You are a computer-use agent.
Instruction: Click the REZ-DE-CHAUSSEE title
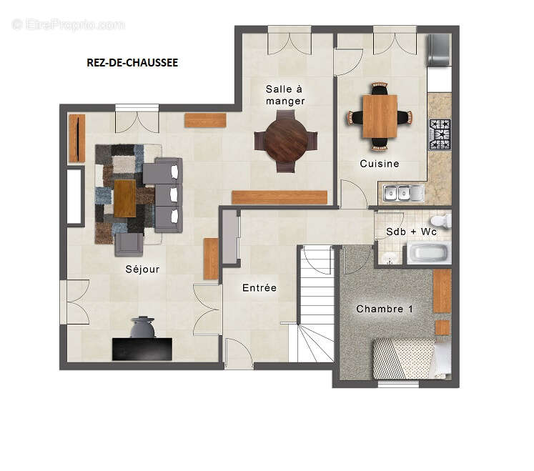pyautogui.click(x=132, y=63)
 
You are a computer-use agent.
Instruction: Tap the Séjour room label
pyautogui.click(x=142, y=269)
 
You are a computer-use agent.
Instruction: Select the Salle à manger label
pyautogui.click(x=285, y=95)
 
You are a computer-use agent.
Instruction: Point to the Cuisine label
pyautogui.click(x=380, y=164)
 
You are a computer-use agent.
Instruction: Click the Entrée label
pyautogui.click(x=259, y=288)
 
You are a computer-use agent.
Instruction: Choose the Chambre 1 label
pyautogui.click(x=385, y=309)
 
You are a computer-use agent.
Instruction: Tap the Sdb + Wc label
pyautogui.click(x=411, y=232)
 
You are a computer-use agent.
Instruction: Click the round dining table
pyautogui.click(x=286, y=141)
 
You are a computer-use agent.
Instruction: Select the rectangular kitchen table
pyautogui.click(x=380, y=116)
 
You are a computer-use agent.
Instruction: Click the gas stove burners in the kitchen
pyautogui.click(x=440, y=134)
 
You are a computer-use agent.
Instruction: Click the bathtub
pyautogui.click(x=429, y=253)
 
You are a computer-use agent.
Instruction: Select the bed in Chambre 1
pyautogui.click(x=412, y=359)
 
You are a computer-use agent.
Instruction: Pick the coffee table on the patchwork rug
pyautogui.click(x=124, y=198)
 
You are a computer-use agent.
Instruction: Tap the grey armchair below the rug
pyautogui.click(x=129, y=244)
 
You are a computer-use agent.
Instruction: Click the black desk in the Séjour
pyautogui.click(x=142, y=349)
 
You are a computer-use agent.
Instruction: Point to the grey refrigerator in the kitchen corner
pyautogui.click(x=440, y=50)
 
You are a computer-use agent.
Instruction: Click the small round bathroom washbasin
pyautogui.click(x=388, y=259)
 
